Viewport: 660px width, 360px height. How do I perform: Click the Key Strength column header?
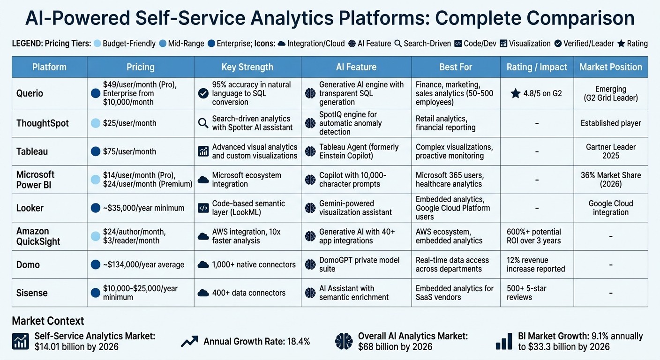tap(247, 67)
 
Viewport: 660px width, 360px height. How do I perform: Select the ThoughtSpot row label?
tap(43, 123)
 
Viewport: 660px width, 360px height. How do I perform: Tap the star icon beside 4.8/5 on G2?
tap(516, 93)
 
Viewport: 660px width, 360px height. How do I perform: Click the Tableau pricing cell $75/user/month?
tap(129, 151)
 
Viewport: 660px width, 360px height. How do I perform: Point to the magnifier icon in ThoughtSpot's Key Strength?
tap(203, 123)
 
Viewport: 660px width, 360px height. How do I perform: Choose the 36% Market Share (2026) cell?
tap(610, 180)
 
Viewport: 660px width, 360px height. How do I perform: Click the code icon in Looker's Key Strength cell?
tap(203, 208)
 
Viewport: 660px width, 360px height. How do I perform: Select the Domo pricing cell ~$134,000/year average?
tap(144, 265)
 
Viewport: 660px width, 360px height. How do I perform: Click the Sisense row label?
tap(32, 293)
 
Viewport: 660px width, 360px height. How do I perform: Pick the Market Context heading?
tap(48, 321)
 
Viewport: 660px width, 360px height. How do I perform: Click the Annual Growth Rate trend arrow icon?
tap(189, 342)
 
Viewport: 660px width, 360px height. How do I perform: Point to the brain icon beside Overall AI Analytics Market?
tap(344, 342)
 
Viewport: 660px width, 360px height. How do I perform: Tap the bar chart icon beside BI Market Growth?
tap(504, 342)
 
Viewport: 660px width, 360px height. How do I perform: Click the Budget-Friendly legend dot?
tap(97, 44)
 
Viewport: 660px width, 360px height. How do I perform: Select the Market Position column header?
tap(610, 67)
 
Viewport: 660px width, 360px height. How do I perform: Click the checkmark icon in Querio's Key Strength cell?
tap(203, 93)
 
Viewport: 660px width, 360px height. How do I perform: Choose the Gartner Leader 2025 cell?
tap(610, 151)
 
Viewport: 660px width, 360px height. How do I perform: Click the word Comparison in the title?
tap(581, 18)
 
